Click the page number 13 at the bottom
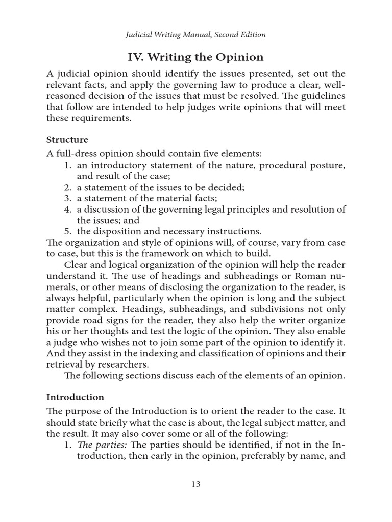[196, 484]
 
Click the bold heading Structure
[67, 139]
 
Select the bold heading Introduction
[75, 397]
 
